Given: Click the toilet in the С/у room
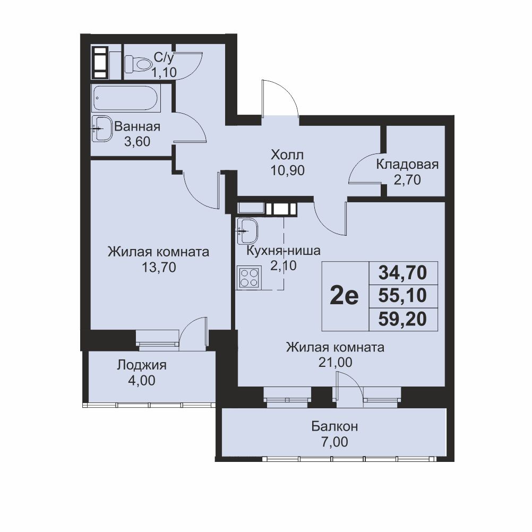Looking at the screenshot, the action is point(138,64).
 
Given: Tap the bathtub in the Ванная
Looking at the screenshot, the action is point(125,98).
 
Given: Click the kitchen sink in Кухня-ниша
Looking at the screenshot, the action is point(247,231).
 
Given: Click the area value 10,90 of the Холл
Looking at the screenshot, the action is point(287,170).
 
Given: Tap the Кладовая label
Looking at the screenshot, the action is point(407,164).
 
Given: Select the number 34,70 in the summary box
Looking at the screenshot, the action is point(403,272).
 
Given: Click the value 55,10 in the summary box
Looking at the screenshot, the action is point(403,296).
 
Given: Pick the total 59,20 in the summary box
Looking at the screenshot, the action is point(403,319).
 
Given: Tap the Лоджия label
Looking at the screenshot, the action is point(142,365).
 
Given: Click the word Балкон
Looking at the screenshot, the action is point(334,426).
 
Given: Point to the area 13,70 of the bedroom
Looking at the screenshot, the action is point(159,268).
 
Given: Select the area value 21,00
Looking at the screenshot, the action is point(335,362).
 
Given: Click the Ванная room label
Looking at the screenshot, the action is point(138,126).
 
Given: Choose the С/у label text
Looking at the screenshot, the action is point(164,58).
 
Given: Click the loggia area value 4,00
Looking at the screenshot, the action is point(142,380).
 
